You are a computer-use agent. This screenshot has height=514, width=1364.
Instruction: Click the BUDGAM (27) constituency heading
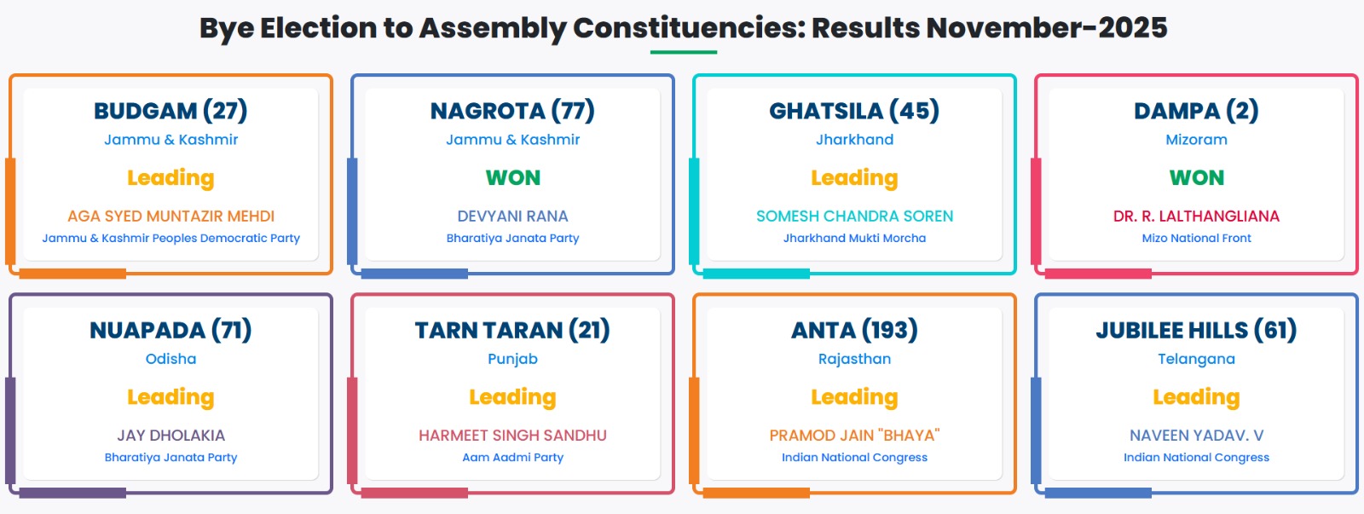(170, 111)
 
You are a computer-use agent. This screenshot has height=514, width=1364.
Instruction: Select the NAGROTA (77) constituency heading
(512, 111)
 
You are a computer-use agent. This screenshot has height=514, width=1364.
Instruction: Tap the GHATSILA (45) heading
(854, 111)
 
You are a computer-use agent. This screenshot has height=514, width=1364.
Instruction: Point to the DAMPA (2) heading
(1196, 111)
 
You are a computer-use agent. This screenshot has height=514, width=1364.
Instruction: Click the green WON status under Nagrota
(512, 178)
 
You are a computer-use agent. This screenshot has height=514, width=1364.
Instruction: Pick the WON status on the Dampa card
(1197, 178)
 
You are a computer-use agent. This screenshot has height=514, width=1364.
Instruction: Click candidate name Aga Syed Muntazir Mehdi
(170, 217)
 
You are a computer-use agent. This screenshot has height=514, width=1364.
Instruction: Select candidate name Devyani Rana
(512, 217)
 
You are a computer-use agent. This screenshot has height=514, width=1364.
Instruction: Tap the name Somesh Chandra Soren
(854, 217)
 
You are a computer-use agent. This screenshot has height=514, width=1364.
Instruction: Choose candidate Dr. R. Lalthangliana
(1196, 217)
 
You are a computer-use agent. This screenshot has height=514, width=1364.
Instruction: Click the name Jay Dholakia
(170, 436)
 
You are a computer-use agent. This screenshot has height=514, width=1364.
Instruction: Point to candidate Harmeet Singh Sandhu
(512, 436)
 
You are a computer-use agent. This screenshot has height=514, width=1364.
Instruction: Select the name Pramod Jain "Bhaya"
(854, 436)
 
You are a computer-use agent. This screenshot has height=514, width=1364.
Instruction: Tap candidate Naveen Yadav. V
(1197, 436)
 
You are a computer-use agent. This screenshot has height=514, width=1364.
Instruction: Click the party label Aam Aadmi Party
(512, 458)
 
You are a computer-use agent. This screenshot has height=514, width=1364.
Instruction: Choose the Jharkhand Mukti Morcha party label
(854, 238)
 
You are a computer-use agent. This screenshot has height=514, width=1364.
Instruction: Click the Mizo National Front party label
(1196, 238)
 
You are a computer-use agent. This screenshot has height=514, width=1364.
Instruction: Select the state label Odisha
(170, 359)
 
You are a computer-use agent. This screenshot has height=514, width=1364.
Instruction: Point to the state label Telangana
(1197, 360)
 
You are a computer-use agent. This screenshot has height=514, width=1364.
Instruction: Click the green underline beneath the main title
(683, 52)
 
